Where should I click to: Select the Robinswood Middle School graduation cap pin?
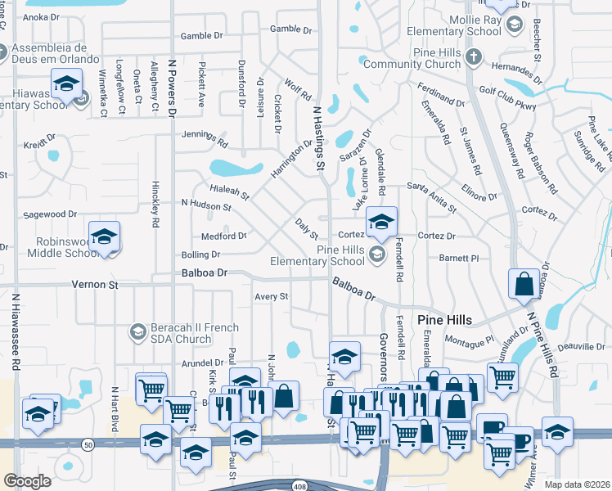click(x=104, y=237)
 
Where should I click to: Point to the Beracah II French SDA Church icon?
click(x=137, y=331)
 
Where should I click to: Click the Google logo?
click(x=27, y=481)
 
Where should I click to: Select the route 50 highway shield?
click(x=87, y=444)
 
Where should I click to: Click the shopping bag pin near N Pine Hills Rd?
click(x=524, y=284)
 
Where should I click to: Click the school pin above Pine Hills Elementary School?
click(x=381, y=221)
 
